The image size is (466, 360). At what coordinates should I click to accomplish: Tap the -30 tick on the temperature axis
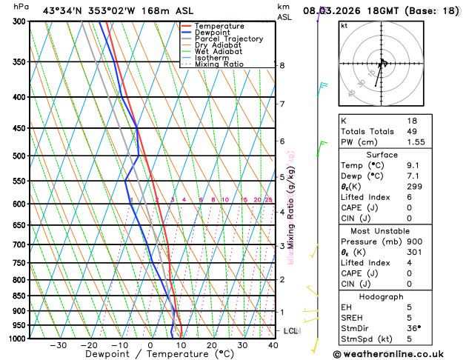(x=58, y=345)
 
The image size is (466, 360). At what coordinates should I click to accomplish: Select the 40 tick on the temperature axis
(x=273, y=345)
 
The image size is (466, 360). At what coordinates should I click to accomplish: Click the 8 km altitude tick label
(x=282, y=66)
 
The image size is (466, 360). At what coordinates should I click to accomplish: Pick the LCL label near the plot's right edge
(x=290, y=330)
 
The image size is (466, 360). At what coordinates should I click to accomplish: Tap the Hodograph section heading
(x=381, y=296)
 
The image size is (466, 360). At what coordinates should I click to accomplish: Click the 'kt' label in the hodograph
(x=344, y=25)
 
